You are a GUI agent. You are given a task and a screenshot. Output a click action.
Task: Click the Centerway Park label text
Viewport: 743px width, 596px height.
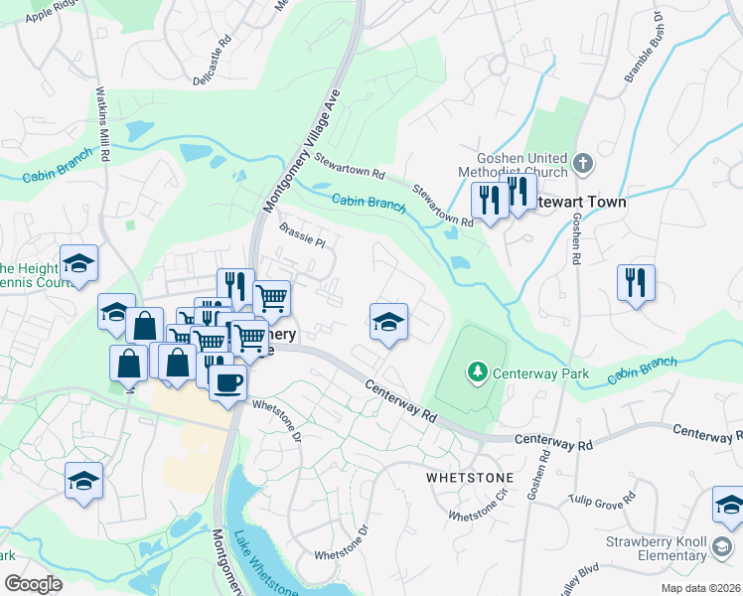pyautogui.click(x=542, y=374)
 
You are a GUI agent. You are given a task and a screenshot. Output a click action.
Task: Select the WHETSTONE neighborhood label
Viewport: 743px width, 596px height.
pyautogui.click(x=469, y=478)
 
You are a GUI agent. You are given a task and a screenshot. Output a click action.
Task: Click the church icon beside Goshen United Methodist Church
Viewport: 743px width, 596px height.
pyautogui.click(x=583, y=161)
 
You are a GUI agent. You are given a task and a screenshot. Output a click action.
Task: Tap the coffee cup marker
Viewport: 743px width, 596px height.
pyautogui.click(x=227, y=381)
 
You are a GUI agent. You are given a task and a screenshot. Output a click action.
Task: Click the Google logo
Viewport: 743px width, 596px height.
pyautogui.click(x=34, y=584)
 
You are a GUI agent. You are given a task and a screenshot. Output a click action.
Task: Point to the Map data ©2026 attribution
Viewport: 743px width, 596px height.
pyautogui.click(x=700, y=588)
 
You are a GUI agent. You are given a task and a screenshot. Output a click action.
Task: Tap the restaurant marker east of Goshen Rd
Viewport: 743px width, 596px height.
pyautogui.click(x=636, y=283)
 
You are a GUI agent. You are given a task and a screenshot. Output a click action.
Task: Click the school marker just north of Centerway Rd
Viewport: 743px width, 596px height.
pyautogui.click(x=388, y=322)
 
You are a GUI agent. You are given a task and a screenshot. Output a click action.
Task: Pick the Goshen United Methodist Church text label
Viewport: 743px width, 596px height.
pyautogui.click(x=521, y=166)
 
